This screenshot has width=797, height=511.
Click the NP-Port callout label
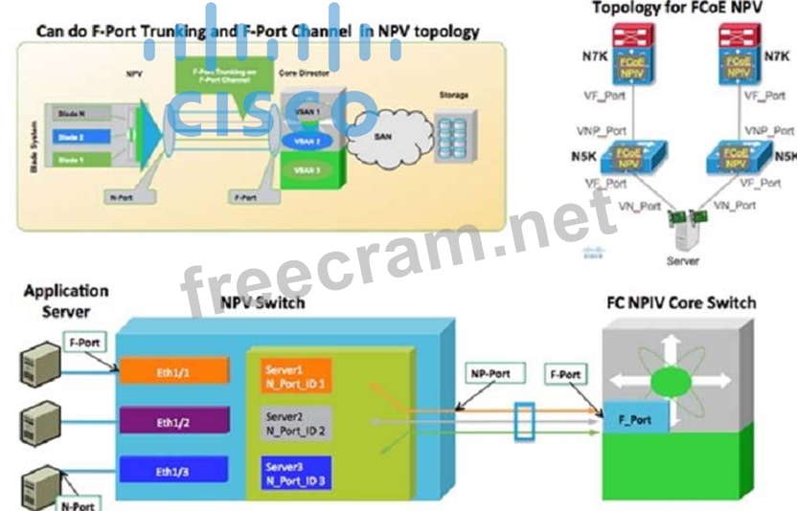pyautogui.click(x=490, y=374)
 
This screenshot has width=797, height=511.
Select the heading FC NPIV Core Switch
pyautogui.click(x=681, y=303)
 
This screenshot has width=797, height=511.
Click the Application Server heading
pyautogui.click(x=66, y=300)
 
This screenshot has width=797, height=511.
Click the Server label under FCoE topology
pyautogui.click(x=683, y=260)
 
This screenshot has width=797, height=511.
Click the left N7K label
pyautogui.click(x=595, y=56)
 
